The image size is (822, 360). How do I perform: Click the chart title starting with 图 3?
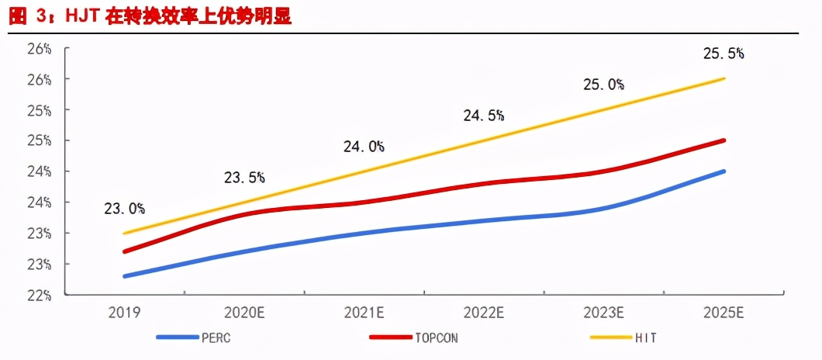click(150, 16)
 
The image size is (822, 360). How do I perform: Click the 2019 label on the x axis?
click(125, 313)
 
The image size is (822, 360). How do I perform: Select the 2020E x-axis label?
click(244, 313)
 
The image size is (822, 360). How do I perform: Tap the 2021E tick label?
click(364, 313)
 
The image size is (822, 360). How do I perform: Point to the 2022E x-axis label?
click(485, 313)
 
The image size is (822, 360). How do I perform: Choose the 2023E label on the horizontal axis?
click(604, 313)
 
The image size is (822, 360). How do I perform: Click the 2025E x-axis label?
click(724, 313)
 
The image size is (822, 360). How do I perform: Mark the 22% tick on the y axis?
click(39, 296)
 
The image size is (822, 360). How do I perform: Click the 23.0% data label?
click(125, 209)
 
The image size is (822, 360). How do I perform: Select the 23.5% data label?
click(244, 178)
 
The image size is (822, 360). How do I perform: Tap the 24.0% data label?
click(364, 147)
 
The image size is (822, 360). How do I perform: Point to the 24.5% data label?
click(485, 116)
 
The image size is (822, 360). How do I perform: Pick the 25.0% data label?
click(604, 85)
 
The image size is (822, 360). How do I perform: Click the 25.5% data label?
click(724, 54)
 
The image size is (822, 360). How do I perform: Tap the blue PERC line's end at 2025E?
click(724, 171)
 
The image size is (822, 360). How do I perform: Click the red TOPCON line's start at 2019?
click(125, 251)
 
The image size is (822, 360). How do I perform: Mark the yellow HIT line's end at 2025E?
click(724, 78)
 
